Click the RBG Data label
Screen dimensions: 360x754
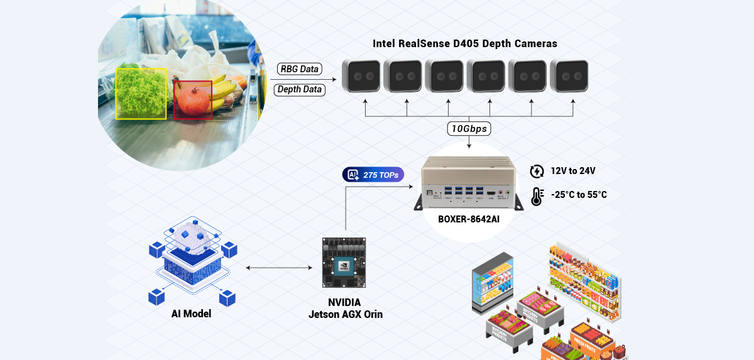coord(300,69)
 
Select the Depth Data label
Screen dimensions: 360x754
coord(300,89)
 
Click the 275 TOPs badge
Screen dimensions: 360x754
coord(374,175)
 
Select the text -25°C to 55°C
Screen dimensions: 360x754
coord(579,195)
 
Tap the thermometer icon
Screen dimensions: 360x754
coord(537,196)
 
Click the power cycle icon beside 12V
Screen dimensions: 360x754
coord(537,171)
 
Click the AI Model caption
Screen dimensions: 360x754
coord(191,314)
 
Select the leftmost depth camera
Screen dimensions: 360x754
coord(361,77)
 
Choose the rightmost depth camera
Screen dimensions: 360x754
coord(569,77)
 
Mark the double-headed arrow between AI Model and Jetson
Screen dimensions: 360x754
coord(279,268)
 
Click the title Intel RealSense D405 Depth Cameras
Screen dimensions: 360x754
coord(465,44)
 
